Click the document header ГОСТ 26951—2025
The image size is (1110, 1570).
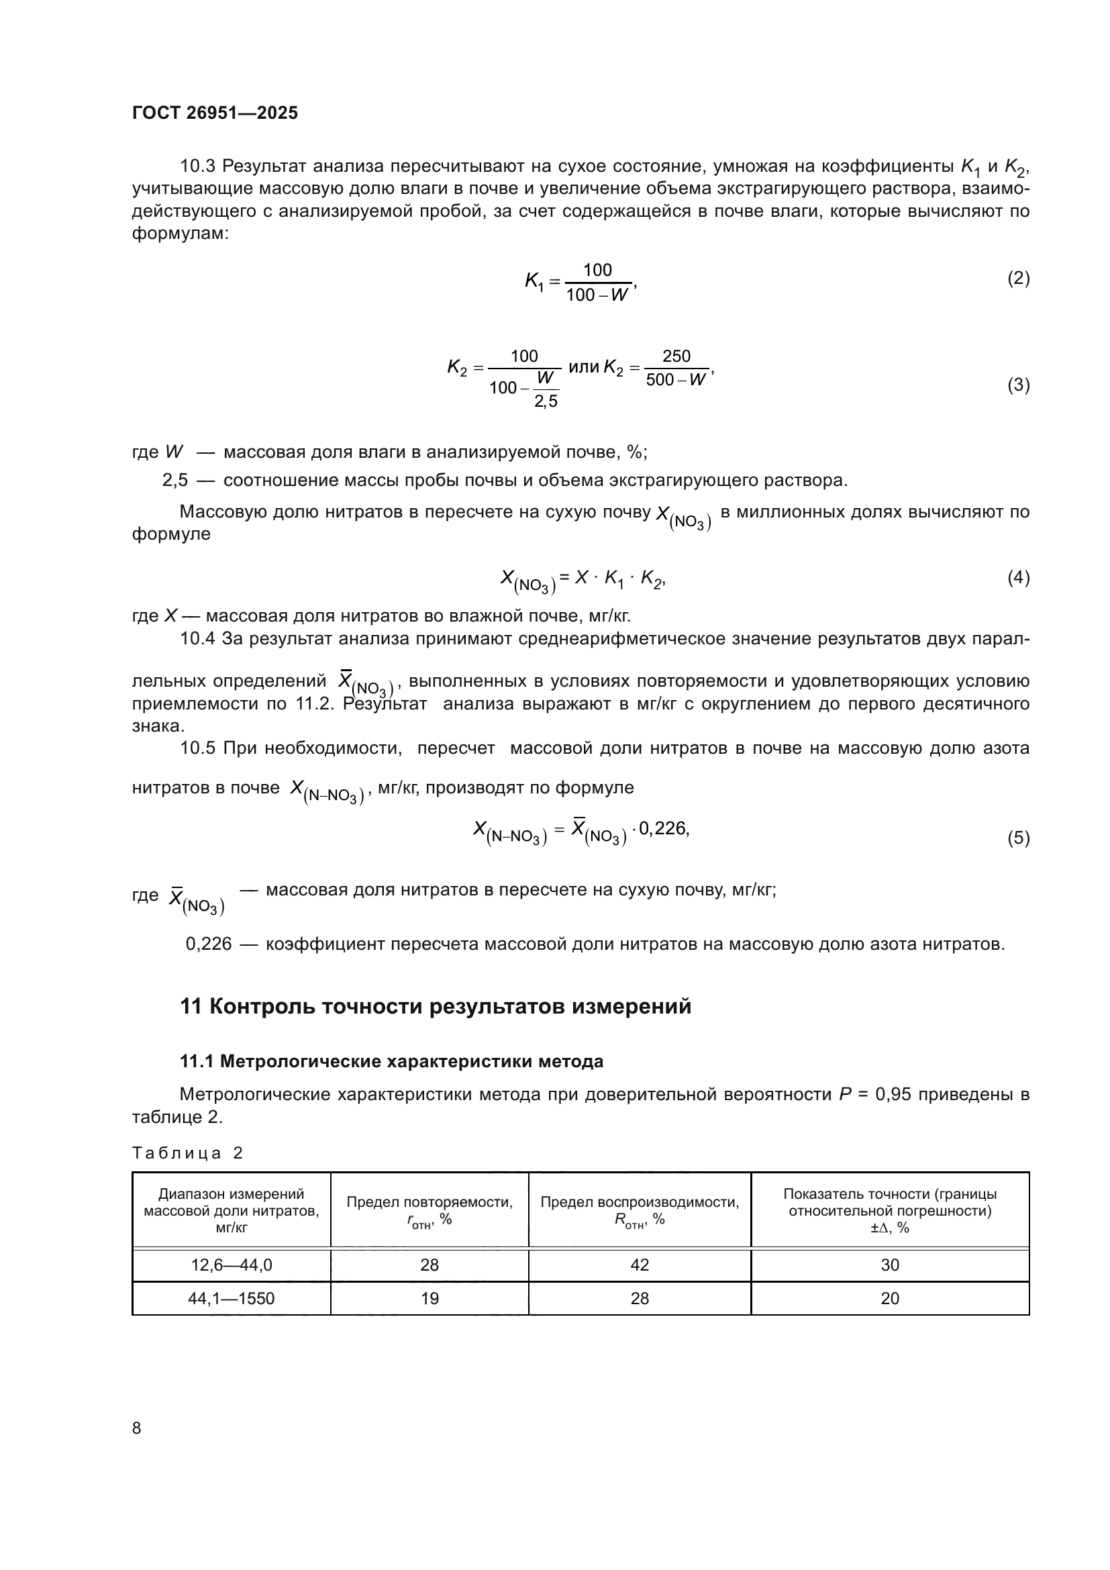215,113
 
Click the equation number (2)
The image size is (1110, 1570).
1018,279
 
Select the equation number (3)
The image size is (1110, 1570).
1018,385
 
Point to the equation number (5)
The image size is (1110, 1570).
1018,838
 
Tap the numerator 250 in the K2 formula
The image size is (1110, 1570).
676,356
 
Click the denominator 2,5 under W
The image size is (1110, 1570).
546,401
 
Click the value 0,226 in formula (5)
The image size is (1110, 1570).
662,828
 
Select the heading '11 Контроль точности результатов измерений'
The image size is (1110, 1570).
436,1007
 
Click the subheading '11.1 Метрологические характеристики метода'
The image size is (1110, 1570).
391,1061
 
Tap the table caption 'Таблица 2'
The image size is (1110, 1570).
187,1153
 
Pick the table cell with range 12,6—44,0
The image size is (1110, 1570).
231,1265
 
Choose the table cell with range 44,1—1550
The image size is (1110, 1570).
231,1299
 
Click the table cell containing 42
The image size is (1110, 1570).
639,1265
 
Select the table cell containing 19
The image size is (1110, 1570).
430,1299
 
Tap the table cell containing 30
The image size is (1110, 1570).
889,1265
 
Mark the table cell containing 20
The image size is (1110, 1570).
889,1299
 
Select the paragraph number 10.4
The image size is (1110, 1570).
197,638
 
